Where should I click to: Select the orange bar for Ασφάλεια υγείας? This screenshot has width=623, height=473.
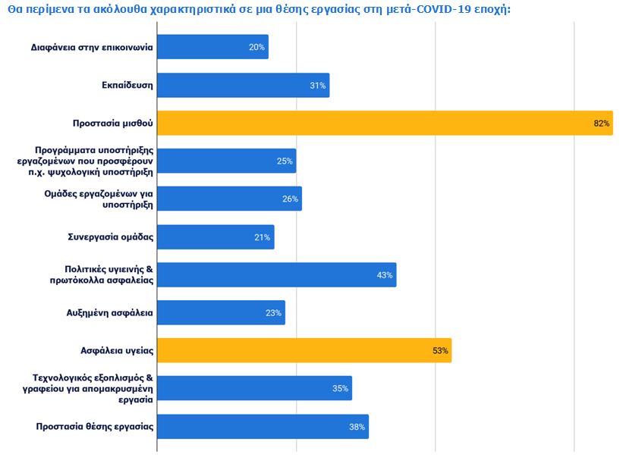(304, 350)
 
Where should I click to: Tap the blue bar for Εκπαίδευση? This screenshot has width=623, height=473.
(243, 85)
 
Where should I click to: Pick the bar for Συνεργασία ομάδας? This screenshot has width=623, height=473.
(216, 236)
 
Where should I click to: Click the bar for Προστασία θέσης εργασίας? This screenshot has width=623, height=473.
(263, 426)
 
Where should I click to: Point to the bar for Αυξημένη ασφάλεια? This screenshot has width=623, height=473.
(221, 312)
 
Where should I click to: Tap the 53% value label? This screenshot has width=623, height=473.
(441, 351)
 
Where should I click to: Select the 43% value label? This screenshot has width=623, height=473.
(385, 275)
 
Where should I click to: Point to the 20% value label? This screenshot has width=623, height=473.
(256, 48)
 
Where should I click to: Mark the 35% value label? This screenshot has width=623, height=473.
(340, 389)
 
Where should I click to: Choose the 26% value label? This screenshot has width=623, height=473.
(291, 199)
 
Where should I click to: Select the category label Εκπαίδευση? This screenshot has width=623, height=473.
(127, 85)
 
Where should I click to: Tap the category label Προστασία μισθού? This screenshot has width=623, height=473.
(113, 123)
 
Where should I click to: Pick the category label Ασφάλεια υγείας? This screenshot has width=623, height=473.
(118, 350)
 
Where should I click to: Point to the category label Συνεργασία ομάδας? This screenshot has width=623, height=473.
(111, 236)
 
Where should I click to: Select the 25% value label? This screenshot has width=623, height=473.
(285, 161)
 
